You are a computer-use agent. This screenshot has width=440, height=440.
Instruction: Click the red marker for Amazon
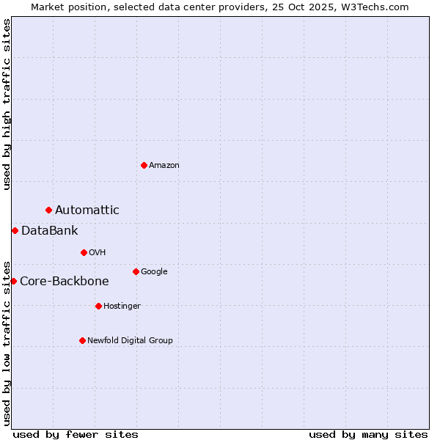point(144,165)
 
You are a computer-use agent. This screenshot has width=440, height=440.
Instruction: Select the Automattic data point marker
point(49,210)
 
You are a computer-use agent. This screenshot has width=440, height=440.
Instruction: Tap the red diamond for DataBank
point(15,230)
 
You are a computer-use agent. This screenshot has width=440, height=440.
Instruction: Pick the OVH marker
point(84,252)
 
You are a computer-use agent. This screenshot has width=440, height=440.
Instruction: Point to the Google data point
point(136,271)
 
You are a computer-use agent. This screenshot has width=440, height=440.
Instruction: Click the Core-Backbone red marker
point(13,281)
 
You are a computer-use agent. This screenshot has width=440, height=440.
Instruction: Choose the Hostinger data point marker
point(98,306)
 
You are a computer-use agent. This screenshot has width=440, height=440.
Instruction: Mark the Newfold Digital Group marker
point(82,340)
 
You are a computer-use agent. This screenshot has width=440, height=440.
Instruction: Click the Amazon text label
point(164,166)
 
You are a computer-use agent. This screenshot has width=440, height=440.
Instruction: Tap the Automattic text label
point(87,210)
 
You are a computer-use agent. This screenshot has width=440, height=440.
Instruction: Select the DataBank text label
point(50,231)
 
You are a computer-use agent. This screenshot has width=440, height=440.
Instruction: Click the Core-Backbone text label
point(65,282)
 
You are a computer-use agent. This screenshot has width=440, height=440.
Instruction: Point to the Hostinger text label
point(122,307)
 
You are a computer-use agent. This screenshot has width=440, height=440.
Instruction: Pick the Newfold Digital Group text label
point(130,341)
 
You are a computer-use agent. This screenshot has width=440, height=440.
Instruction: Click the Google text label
point(154,272)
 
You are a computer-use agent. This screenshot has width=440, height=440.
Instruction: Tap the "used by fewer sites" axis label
point(76,434)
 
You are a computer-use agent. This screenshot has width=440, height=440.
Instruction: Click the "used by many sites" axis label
point(368,434)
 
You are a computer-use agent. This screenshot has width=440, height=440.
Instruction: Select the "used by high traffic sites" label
point(7,104)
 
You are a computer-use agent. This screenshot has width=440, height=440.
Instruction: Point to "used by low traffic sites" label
point(7,342)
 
